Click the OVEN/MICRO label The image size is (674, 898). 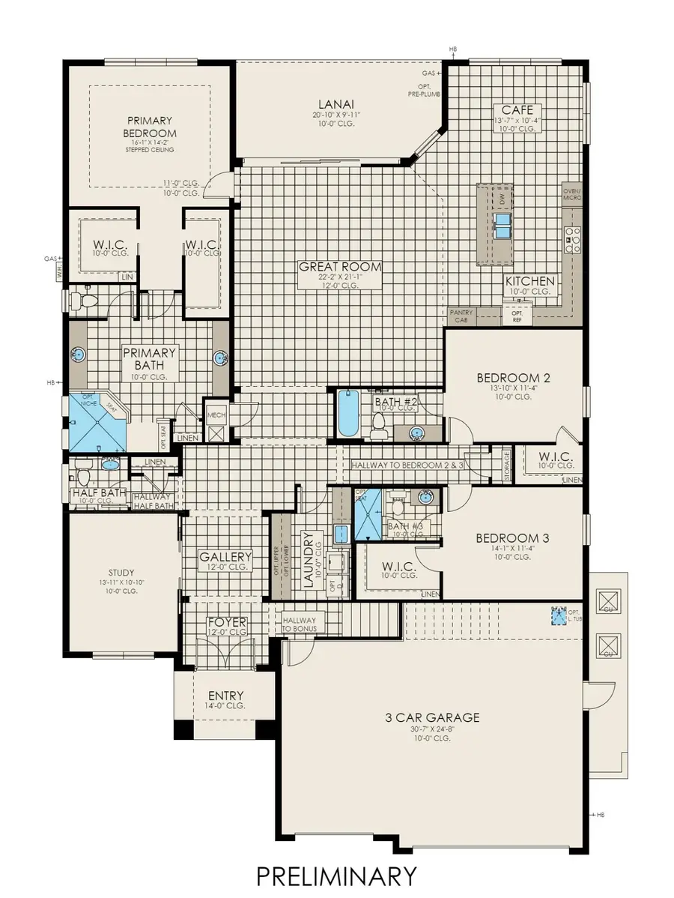[572, 194]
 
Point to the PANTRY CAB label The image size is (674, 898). [458, 316]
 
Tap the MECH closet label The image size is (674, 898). [216, 413]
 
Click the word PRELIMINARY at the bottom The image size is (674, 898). [336, 876]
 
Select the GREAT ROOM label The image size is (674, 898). [340, 266]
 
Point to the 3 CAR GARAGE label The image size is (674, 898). [431, 717]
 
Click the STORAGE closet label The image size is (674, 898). [507, 465]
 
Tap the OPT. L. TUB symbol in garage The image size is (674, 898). [556, 616]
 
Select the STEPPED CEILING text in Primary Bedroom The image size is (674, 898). [150, 149]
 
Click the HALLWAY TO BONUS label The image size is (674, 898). [299, 624]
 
